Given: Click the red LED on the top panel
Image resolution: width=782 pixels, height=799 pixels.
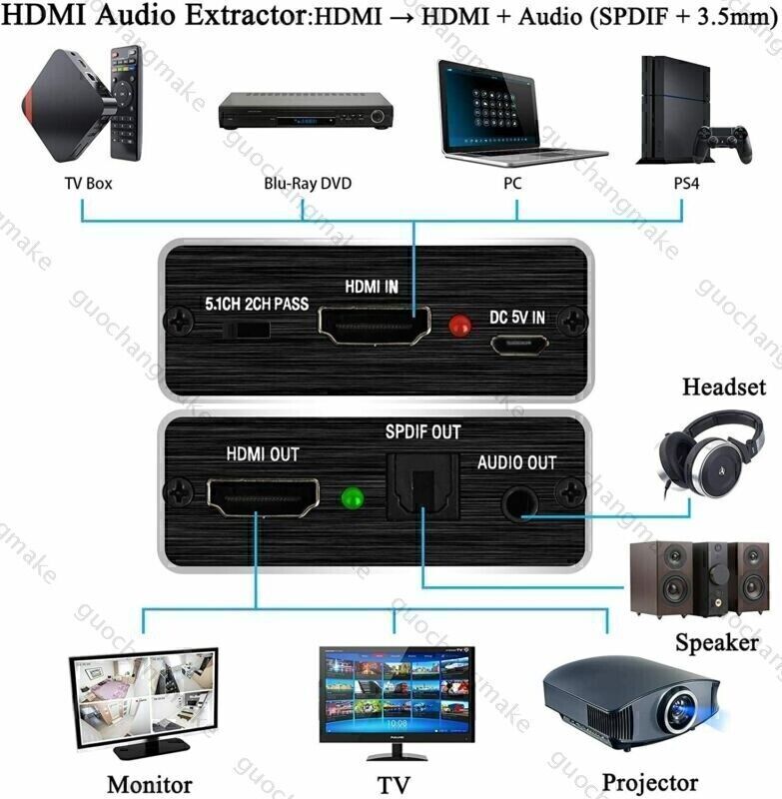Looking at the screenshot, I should (459, 325).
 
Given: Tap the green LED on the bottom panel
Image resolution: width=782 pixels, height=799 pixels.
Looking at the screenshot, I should (350, 496).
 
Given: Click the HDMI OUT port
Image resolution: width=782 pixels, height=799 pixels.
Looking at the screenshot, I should (263, 494).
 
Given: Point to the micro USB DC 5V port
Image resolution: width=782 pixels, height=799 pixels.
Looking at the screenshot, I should (518, 345).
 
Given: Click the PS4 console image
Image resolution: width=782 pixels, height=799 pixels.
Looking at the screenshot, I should (662, 110).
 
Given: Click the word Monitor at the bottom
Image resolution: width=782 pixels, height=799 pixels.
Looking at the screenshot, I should (149, 782).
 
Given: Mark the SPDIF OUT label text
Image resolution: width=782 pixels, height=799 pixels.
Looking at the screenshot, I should (422, 432).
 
